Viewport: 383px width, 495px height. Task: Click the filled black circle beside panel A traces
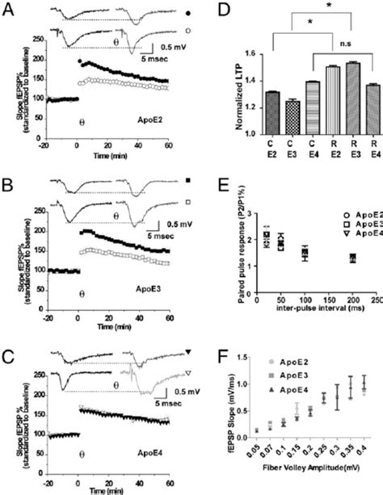(x=188, y=14)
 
